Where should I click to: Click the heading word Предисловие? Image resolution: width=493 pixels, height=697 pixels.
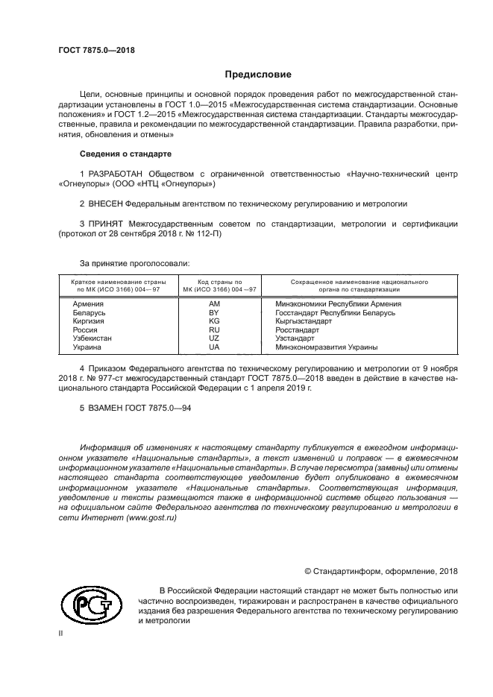pyautogui.click(x=258, y=75)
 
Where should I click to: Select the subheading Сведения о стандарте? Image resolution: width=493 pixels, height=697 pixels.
pyautogui.click(x=125, y=154)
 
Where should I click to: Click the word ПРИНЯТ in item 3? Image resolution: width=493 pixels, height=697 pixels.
pyautogui.click(x=105, y=224)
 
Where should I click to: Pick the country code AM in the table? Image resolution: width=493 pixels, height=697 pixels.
pyautogui.click(x=215, y=304)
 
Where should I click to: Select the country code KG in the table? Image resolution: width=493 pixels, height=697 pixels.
pyautogui.click(x=215, y=321)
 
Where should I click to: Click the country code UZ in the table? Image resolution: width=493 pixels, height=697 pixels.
pyautogui.click(x=215, y=338)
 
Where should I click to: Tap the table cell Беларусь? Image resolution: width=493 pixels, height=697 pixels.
pyautogui.click(x=89, y=312)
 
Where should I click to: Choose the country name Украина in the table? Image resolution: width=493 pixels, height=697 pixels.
pyautogui.click(x=87, y=347)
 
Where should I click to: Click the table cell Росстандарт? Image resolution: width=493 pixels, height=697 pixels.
pyautogui.click(x=297, y=329)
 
